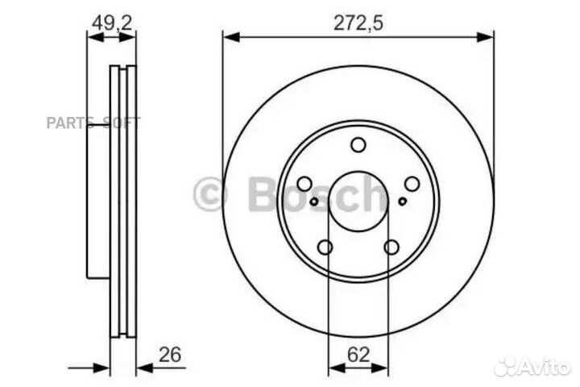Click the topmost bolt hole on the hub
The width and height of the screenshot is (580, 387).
[x=358, y=144]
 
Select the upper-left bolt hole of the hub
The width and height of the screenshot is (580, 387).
[x=304, y=184]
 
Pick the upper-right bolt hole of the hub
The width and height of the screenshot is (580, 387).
[x=412, y=184]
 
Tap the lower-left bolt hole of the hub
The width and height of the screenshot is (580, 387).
[x=325, y=247]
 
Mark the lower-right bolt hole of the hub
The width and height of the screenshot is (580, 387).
[x=391, y=247]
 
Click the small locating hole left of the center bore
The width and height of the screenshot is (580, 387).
[x=314, y=201]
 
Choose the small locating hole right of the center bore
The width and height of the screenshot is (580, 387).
[x=402, y=201]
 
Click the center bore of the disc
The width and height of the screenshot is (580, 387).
[x=358, y=201]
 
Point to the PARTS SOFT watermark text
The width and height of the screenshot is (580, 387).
[x=93, y=123]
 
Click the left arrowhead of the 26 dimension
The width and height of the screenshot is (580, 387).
[x=103, y=368]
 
